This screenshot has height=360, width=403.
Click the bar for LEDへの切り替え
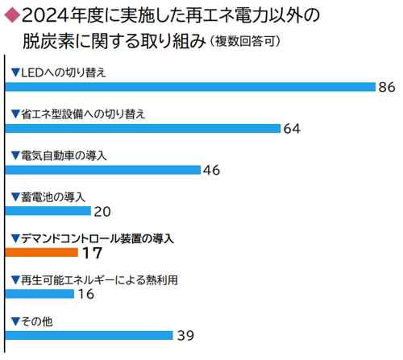[x=190, y=86]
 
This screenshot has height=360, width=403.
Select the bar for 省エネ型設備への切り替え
[x=143, y=128]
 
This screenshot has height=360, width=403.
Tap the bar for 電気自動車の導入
[x=103, y=169]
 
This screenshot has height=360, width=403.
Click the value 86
[x=387, y=87]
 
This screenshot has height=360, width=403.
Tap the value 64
[x=291, y=128]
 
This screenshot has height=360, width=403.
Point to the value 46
[x=211, y=170]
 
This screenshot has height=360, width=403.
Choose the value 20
[x=102, y=212]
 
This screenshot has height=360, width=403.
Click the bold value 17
[x=91, y=253]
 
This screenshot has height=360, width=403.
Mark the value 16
[x=85, y=295]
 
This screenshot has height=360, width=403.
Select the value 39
[x=185, y=336]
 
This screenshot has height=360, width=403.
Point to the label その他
[x=36, y=321]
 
